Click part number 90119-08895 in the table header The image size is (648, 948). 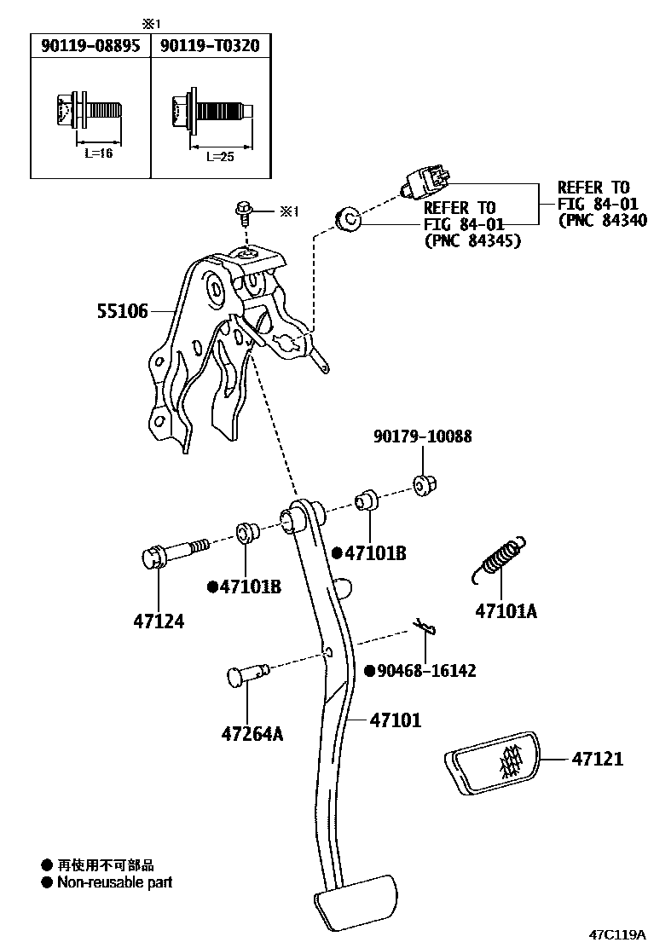click(90, 46)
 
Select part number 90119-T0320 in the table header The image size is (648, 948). click(210, 46)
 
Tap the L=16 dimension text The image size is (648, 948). click(98, 153)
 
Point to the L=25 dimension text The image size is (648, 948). click(219, 157)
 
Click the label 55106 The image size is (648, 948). click(121, 313)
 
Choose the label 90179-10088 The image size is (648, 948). click(422, 436)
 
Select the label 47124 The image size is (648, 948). click(159, 621)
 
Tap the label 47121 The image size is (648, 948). click(597, 758)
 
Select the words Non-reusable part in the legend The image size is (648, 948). click(114, 882)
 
